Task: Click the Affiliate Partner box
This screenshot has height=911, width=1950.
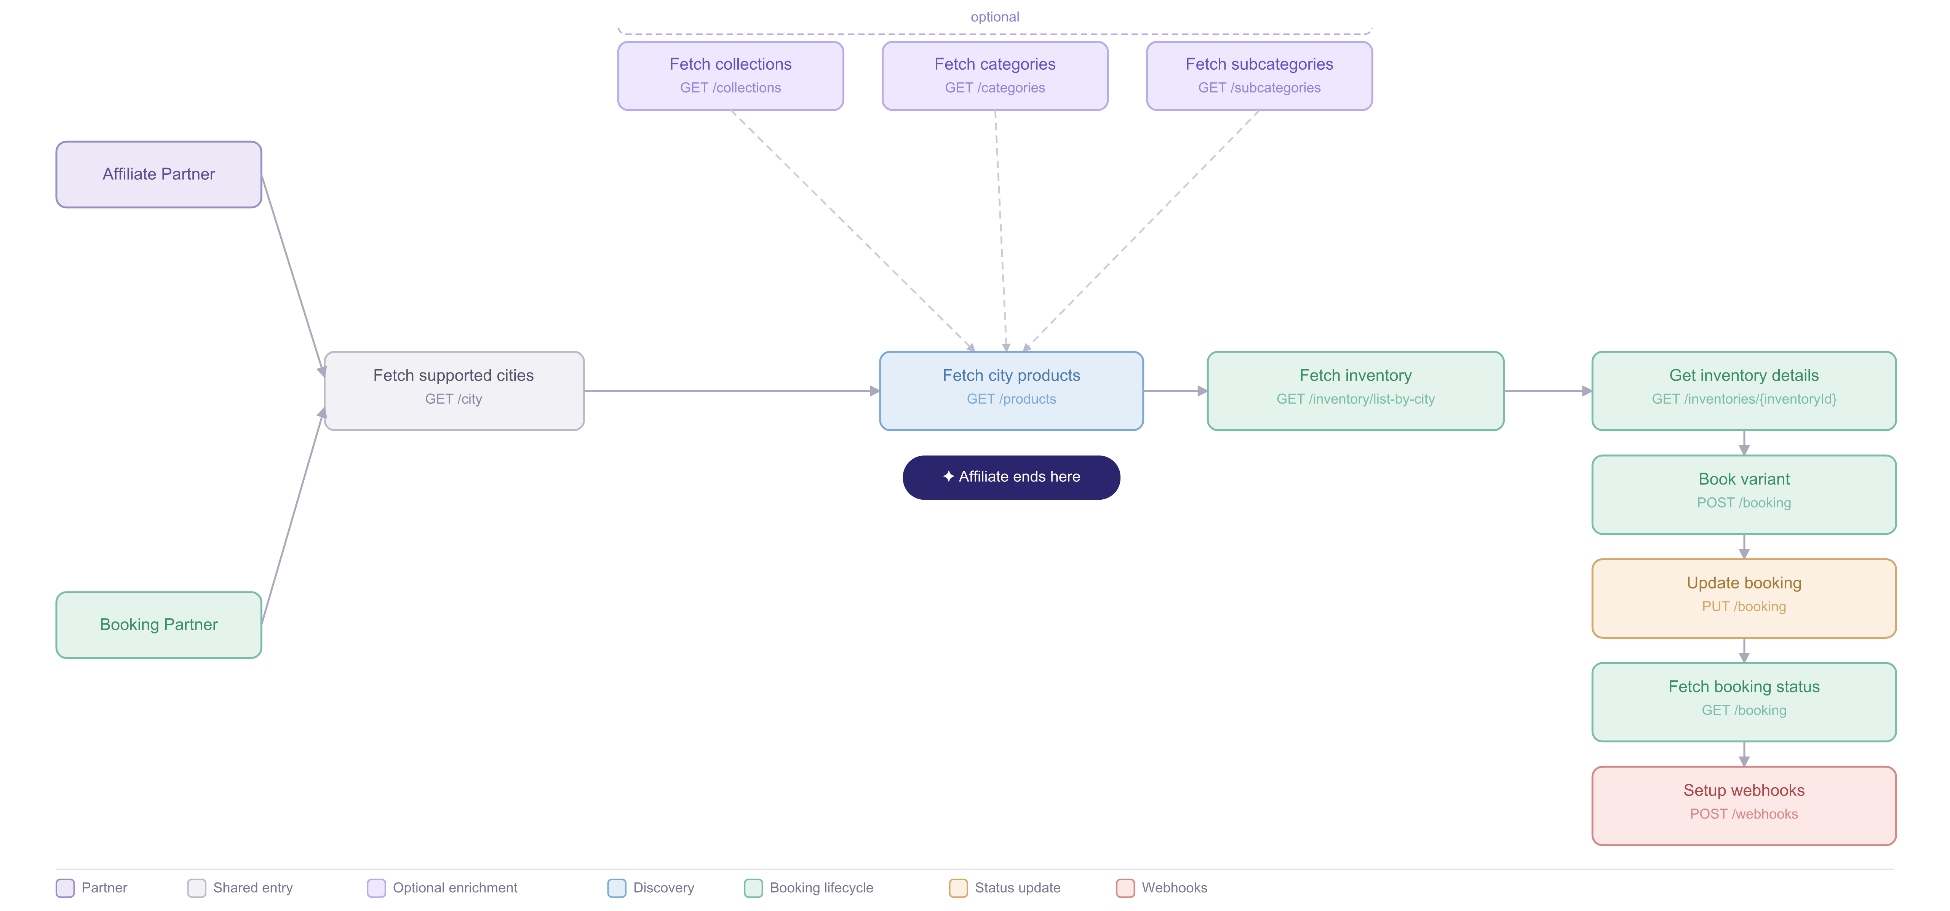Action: [159, 174]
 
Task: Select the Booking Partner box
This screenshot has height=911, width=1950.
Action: [159, 625]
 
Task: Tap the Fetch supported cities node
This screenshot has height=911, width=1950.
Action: [454, 391]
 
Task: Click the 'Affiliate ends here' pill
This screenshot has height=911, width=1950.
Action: [1011, 477]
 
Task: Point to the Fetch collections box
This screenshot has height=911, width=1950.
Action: [730, 76]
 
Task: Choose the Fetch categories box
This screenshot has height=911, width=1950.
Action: [995, 76]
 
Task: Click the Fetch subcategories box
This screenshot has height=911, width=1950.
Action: [1260, 76]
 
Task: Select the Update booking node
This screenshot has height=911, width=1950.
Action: [1744, 598]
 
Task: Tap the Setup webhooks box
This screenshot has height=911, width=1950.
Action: [1744, 806]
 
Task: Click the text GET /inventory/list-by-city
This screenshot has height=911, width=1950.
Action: [1356, 399]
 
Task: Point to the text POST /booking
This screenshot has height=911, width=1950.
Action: [1744, 503]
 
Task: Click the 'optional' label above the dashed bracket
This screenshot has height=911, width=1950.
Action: [995, 17]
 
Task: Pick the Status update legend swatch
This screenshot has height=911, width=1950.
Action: [958, 887]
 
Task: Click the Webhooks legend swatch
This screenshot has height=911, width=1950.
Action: [1126, 887]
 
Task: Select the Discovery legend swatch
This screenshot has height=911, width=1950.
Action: [617, 887]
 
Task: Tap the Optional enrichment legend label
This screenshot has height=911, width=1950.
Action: [455, 887]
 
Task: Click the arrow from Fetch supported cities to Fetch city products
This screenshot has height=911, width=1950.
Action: [732, 391]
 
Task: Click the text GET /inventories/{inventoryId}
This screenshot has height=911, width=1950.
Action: [1744, 399]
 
